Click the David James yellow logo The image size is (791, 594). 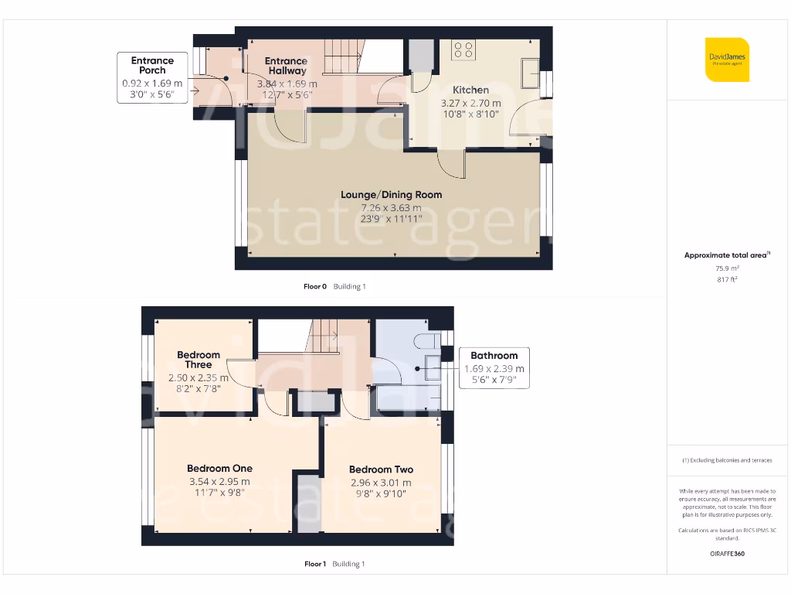727,60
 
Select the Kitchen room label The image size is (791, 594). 470,90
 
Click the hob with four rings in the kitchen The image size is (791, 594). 464,50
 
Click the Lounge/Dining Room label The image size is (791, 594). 391,194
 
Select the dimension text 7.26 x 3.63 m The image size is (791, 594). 391,207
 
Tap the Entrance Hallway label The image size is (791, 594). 286,66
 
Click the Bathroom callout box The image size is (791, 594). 494,367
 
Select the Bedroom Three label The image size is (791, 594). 199,360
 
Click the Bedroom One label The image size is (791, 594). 219,468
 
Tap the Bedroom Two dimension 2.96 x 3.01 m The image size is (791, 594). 381,483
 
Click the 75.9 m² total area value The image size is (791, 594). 727,268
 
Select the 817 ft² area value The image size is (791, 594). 727,279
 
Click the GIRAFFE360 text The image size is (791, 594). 727,554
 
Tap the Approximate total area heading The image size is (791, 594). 726,255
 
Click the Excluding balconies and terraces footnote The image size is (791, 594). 727,460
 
